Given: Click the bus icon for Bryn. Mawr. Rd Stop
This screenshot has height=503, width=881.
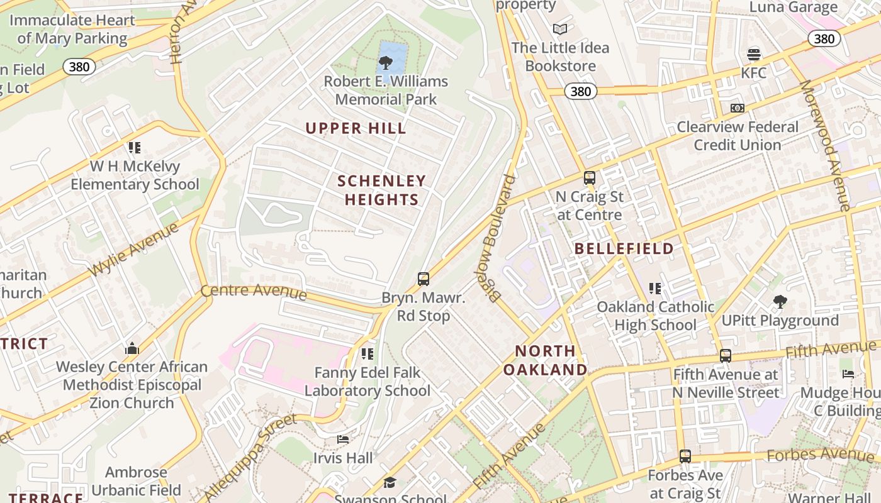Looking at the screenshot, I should pos(424,279).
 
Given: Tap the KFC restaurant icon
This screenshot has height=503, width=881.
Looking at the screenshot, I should pos(753,55).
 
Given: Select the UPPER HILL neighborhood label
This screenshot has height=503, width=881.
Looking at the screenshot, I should pos(356,129).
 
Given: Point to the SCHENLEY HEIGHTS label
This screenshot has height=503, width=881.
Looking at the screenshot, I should pos(381,191).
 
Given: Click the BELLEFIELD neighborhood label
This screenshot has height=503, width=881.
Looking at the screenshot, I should pos(624,249).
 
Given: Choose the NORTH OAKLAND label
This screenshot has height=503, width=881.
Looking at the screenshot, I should pos(545,360).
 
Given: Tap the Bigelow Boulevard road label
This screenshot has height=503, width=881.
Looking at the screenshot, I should pos(500,239).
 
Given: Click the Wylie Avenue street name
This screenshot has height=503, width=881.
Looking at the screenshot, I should pos(133,250).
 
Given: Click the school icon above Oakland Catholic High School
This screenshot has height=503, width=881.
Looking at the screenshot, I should pos(655,289).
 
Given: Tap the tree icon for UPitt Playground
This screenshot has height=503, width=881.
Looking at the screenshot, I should pos(780,302).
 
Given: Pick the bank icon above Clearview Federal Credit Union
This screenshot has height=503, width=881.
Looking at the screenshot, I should pos(738,108).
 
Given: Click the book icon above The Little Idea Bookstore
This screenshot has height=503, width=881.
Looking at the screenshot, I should pos(559,29).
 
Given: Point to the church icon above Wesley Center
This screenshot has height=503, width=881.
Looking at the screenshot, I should pos(132,348).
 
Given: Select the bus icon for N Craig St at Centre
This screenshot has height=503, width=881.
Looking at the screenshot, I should pos(590,178).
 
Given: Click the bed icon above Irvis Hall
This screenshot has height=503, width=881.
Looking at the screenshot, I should pos(343,439).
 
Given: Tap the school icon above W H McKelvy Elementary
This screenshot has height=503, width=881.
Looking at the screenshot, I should pos(135,148).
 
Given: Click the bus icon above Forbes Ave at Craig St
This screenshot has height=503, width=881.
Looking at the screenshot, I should pos(685,456).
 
